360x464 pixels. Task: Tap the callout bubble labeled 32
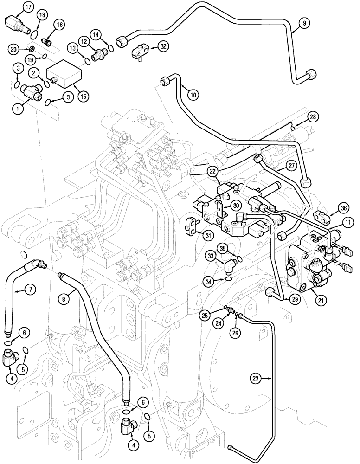[x=162, y=46]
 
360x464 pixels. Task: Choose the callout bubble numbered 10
[x=193, y=95]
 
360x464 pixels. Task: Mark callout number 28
[x=313, y=117]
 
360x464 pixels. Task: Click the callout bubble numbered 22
[x=213, y=171]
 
